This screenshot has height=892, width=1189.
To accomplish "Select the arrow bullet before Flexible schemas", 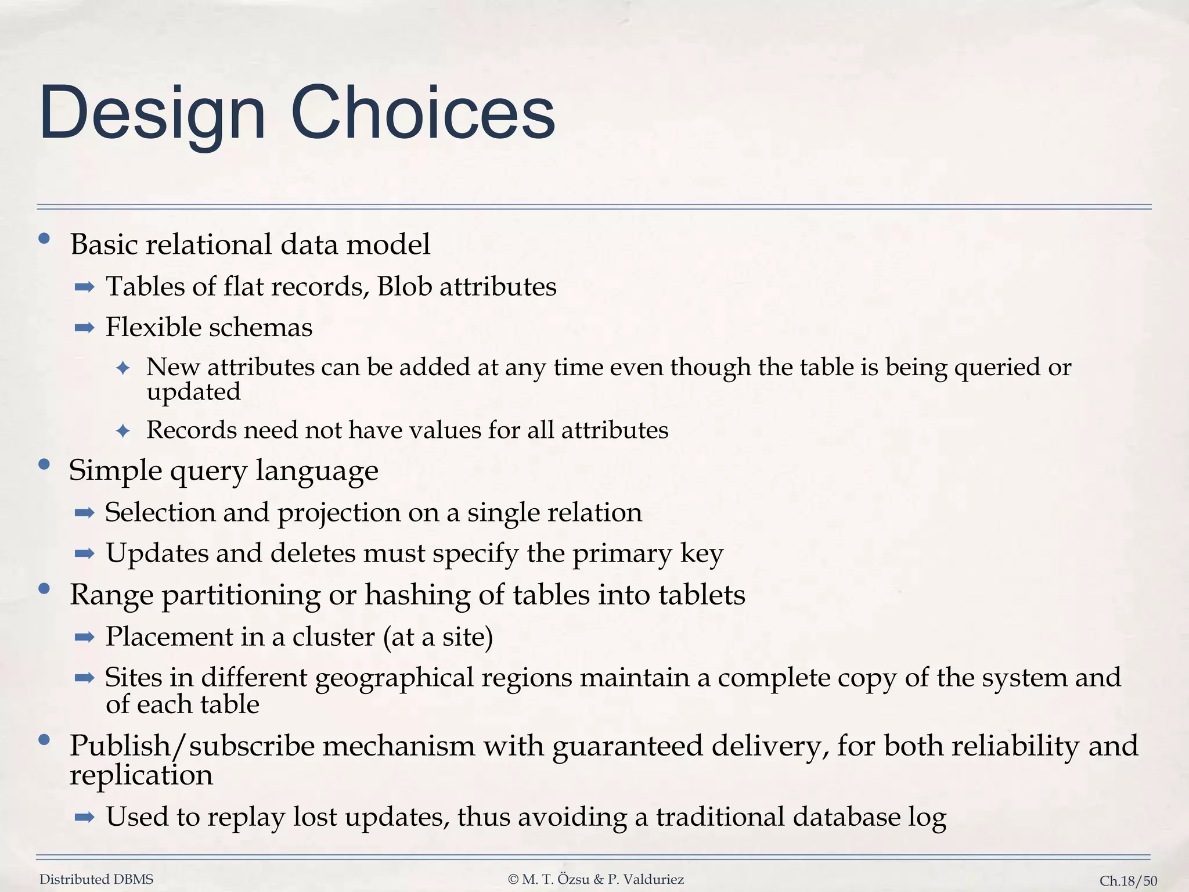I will pos(85,328).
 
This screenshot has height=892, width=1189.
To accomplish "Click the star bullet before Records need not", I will pos(122,431).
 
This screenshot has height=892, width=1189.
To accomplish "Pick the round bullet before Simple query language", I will pos(44,465).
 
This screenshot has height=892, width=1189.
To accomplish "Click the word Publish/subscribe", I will pos(192,746).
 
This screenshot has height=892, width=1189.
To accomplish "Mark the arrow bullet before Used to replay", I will pos(85,818).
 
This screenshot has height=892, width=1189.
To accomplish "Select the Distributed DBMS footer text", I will pos(96,880).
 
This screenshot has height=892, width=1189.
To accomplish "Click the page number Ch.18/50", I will pos(1128,881).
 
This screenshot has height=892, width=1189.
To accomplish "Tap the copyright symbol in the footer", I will pos(513,880).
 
